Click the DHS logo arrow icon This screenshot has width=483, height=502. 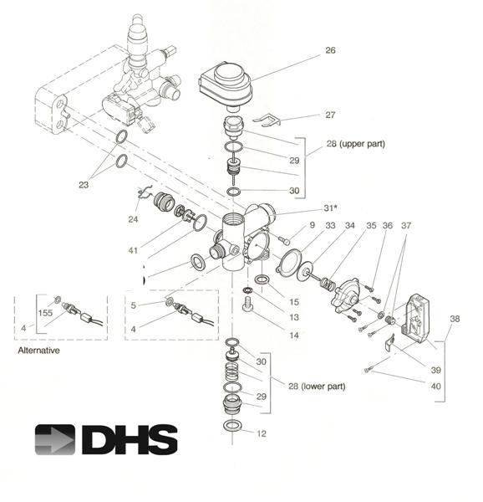pos(54,439)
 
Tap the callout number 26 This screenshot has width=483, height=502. pos(330,50)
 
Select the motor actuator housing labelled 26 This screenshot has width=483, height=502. pos(226,86)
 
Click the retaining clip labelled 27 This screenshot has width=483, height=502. pos(267,120)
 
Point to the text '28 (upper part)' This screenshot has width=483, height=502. pos(355,144)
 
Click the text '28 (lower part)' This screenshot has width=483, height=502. pos(317,386)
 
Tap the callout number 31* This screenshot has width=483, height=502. pos(330,208)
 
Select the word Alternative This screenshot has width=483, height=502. pos(38,351)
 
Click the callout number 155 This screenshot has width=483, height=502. pos(45,313)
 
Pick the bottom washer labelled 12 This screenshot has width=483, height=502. pos(231,426)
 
